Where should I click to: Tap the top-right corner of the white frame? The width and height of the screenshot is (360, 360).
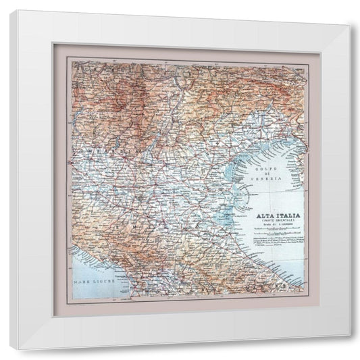click(351, 24)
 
